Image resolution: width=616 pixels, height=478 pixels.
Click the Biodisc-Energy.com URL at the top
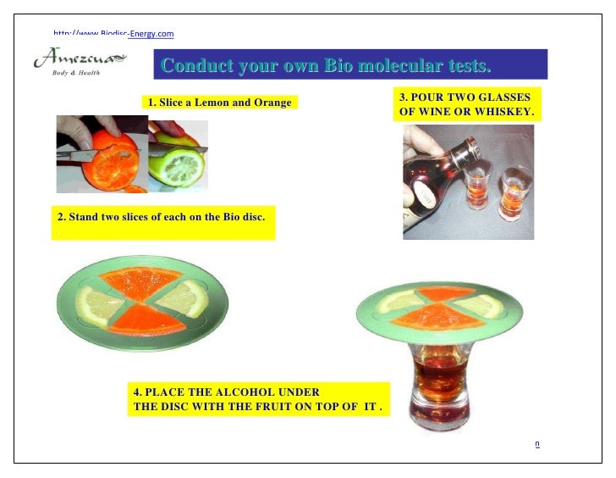pos(113,34)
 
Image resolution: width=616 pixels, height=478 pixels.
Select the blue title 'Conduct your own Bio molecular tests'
pos(326,65)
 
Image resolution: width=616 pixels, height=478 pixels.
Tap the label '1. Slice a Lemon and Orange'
pos(219,103)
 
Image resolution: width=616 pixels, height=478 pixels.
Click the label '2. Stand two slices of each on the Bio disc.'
pos(161,217)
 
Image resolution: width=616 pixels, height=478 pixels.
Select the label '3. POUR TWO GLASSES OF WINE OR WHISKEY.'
pos(465,105)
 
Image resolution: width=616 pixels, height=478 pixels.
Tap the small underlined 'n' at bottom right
pos(536,442)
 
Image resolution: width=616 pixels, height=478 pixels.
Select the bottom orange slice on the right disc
pos(437,318)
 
